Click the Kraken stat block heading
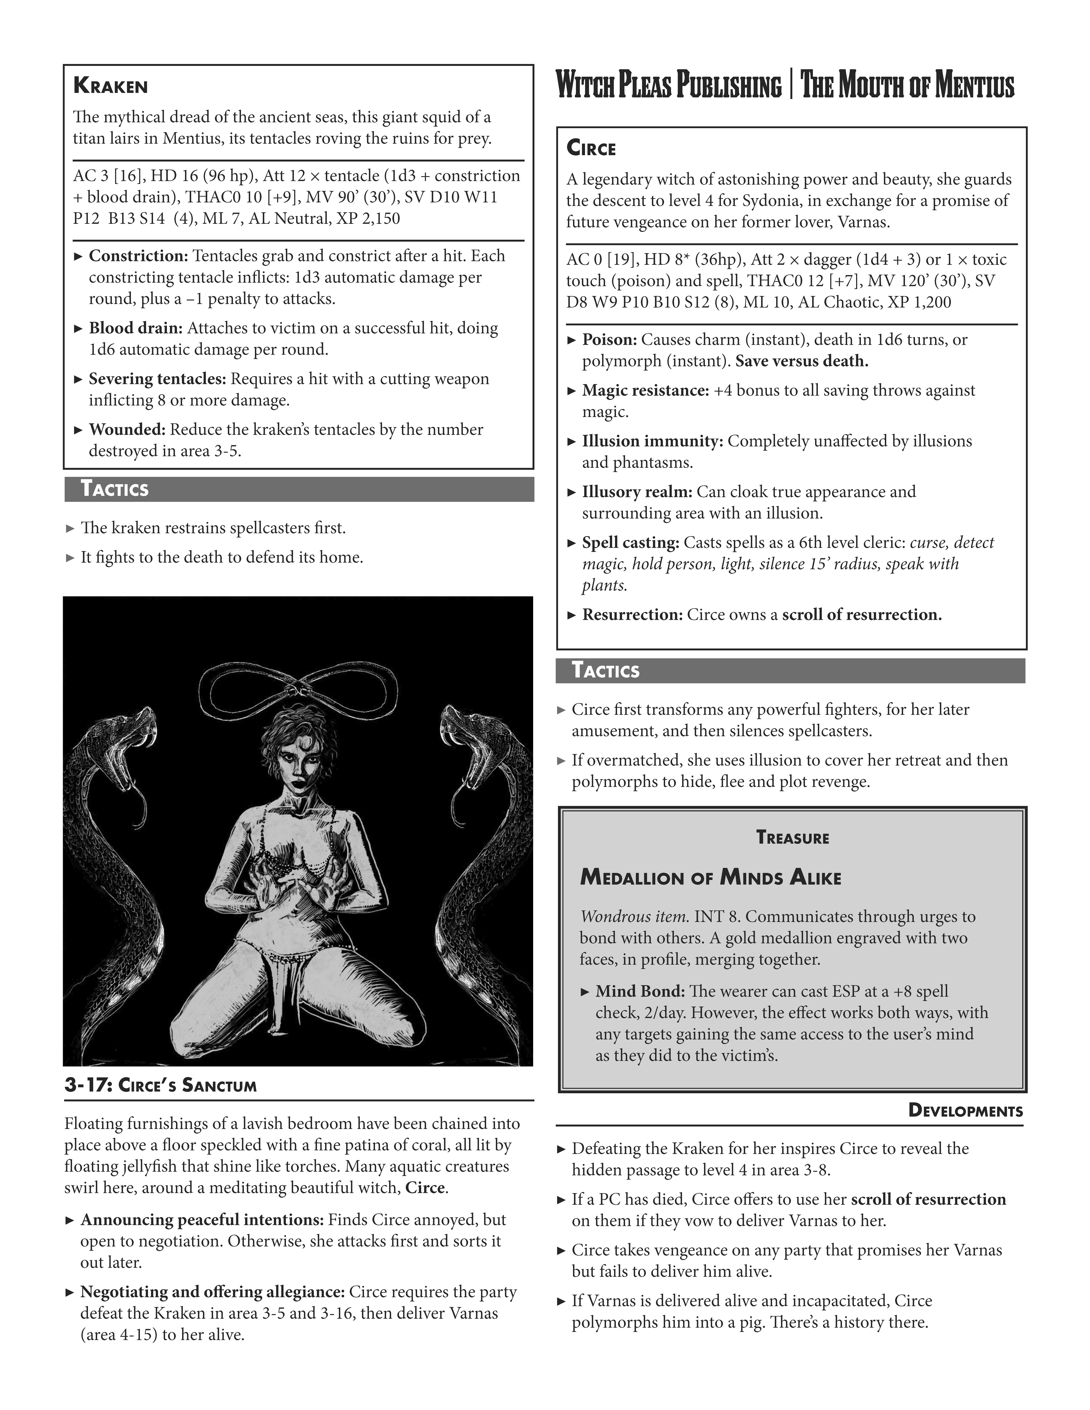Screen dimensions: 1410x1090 tap(110, 86)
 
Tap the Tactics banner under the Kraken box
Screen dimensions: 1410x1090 tap(114, 489)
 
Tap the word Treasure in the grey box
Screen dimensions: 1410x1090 tap(792, 838)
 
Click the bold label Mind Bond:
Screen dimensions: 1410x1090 tap(639, 992)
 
